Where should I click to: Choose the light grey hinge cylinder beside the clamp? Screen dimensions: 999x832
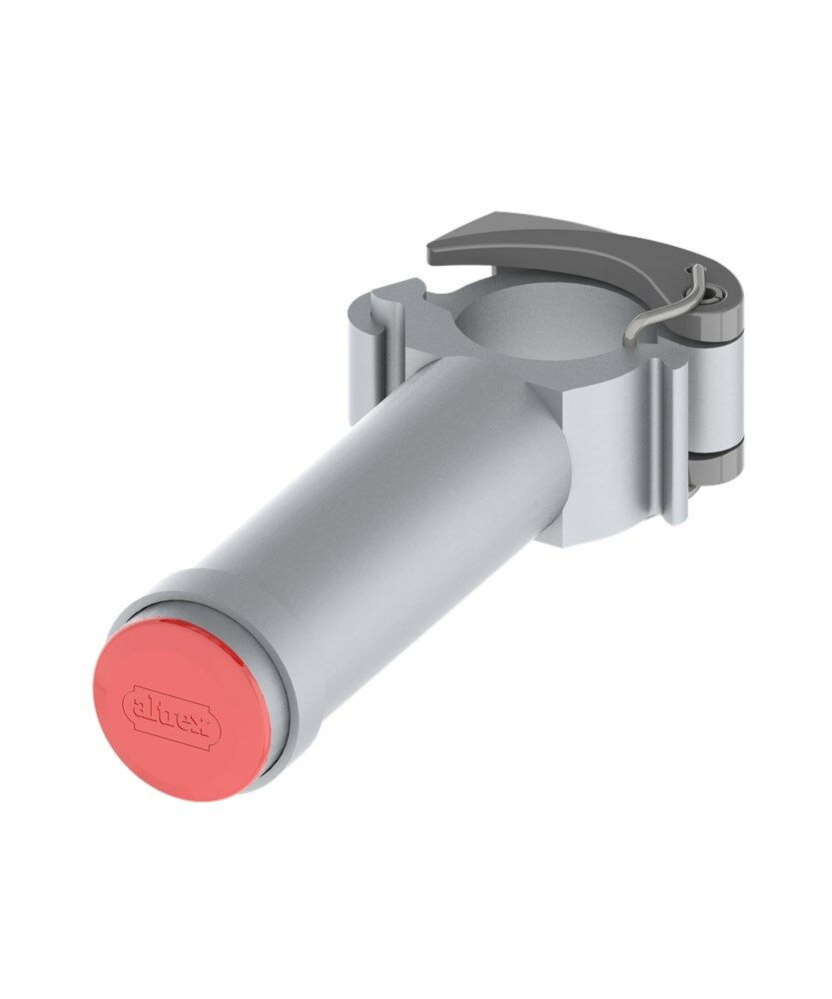coord(717,390)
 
